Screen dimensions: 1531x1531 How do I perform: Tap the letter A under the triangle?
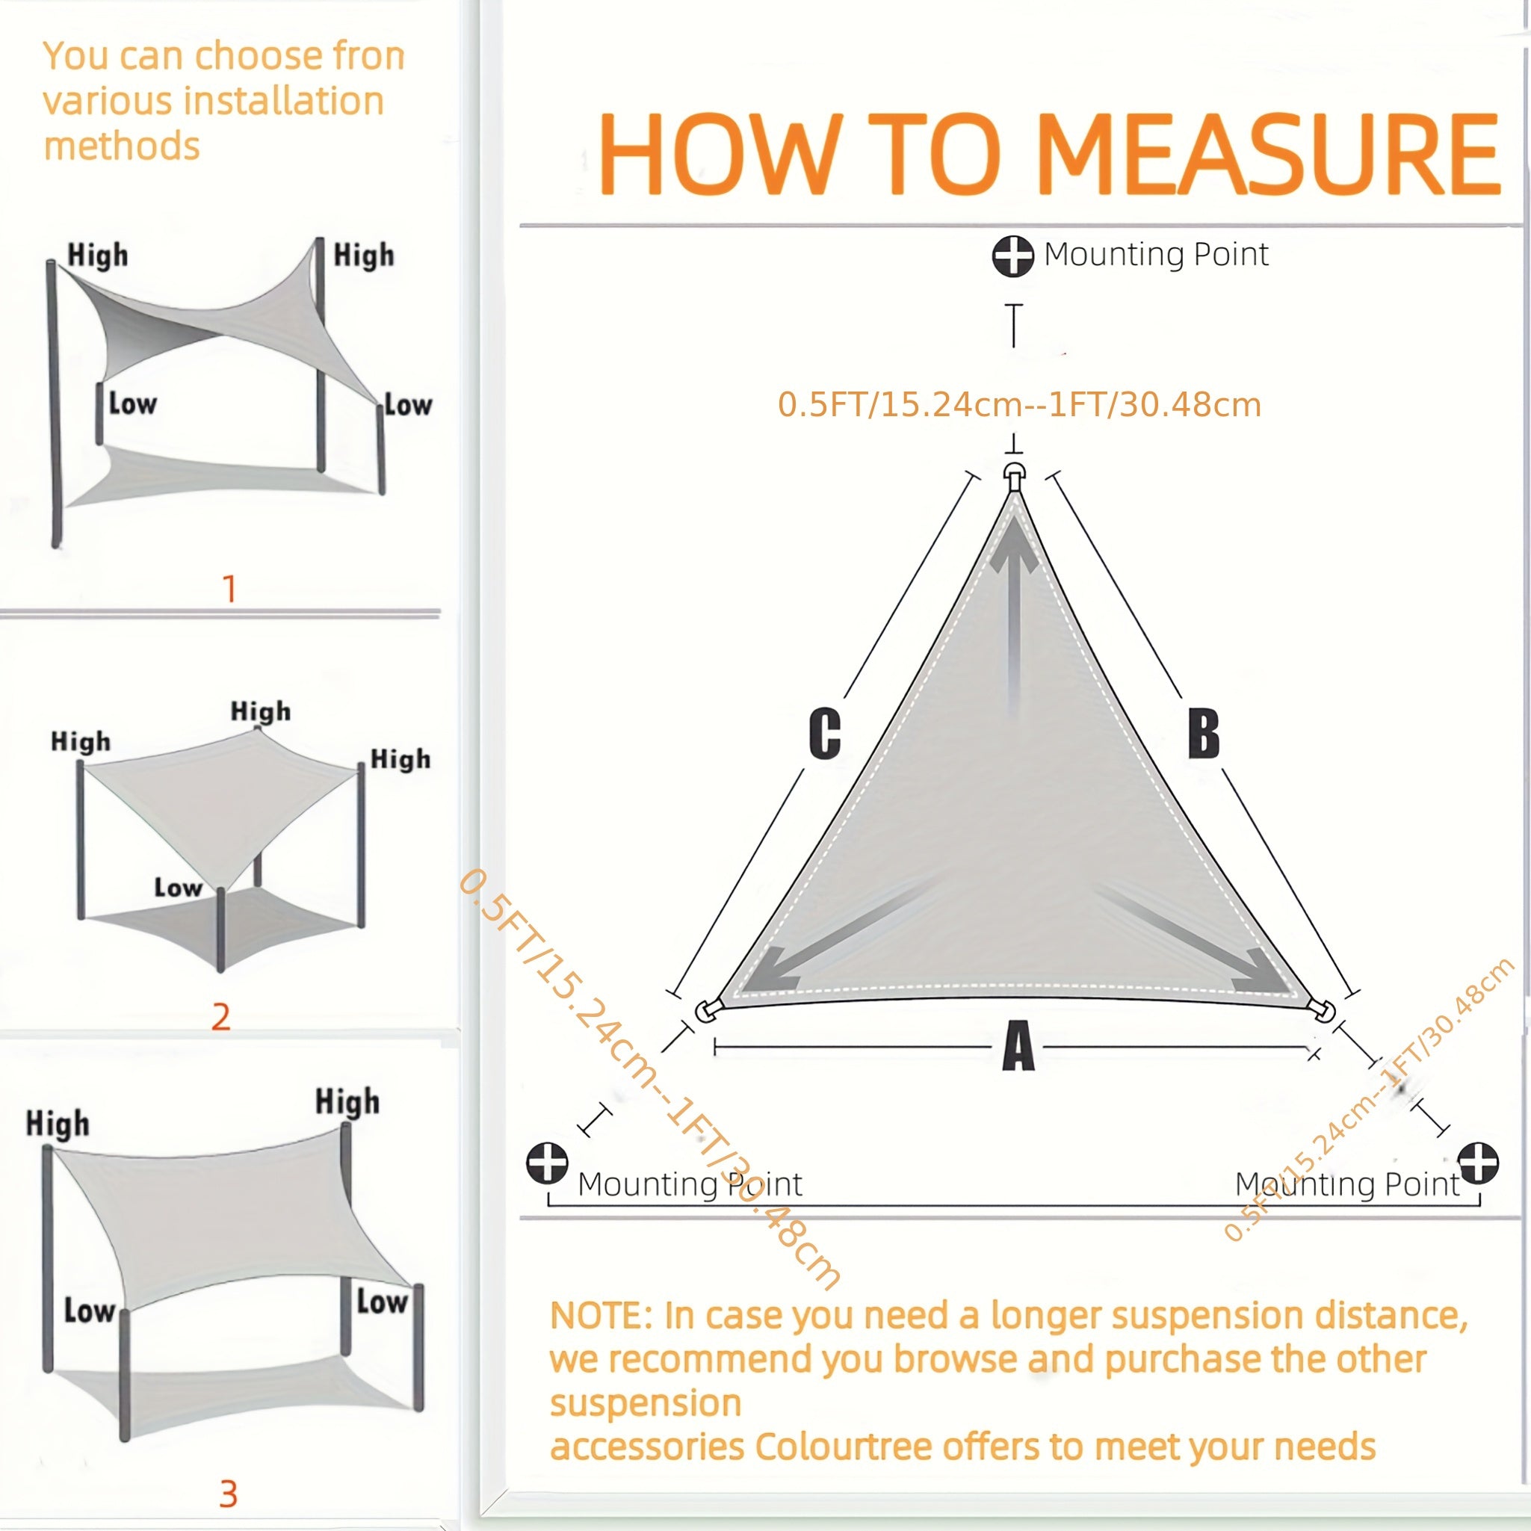(1018, 1047)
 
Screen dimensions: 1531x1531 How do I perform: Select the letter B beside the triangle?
(1203, 733)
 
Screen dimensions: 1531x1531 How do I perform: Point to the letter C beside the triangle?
(824, 733)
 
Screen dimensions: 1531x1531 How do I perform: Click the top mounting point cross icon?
(1012, 256)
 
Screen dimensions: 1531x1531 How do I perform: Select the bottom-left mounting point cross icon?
(548, 1163)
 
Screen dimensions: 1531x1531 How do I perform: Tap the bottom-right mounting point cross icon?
(1478, 1163)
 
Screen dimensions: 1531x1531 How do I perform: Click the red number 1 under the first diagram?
(229, 589)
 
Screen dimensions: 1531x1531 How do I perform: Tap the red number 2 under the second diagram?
(221, 1017)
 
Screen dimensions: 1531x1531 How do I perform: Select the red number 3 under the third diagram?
(228, 1494)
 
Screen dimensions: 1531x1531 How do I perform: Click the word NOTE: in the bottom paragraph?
(601, 1317)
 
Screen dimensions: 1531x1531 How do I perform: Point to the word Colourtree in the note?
(843, 1447)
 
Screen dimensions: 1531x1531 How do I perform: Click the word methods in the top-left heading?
(121, 146)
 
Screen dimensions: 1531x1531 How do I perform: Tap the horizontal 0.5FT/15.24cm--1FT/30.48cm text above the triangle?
(1018, 405)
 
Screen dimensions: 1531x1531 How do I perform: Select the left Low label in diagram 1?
(132, 403)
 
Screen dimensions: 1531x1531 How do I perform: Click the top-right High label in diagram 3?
(347, 1101)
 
